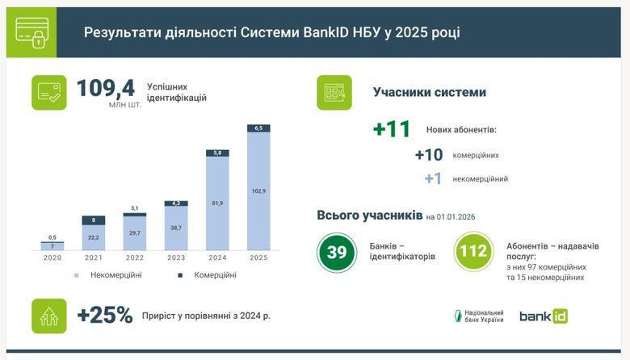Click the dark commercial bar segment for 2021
[x=94, y=220]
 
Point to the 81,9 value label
[x=217, y=203]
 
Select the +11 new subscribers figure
[x=392, y=129]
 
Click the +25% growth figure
[x=104, y=315]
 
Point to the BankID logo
[x=544, y=316]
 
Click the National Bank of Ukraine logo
[x=480, y=316]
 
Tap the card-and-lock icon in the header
[x=32, y=33]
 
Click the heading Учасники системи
[x=429, y=92]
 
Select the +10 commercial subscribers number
[x=428, y=155]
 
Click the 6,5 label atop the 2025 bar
[x=258, y=128]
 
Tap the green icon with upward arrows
[x=48, y=316]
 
